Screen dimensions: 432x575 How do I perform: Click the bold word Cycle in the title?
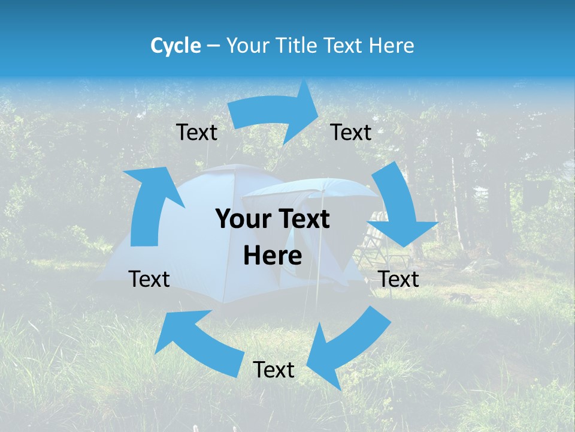coord(175,46)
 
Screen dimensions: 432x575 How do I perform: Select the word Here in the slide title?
coord(391,46)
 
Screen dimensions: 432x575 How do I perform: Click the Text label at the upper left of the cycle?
coord(196,132)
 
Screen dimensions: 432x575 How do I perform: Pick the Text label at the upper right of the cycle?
coord(351,132)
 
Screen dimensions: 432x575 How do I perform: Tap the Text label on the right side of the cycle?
coord(399,279)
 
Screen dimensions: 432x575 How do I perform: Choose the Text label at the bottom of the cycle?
coord(274,370)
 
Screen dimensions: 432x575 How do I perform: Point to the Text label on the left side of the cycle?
coord(149,279)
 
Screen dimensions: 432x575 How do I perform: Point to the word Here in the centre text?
coord(273,256)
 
